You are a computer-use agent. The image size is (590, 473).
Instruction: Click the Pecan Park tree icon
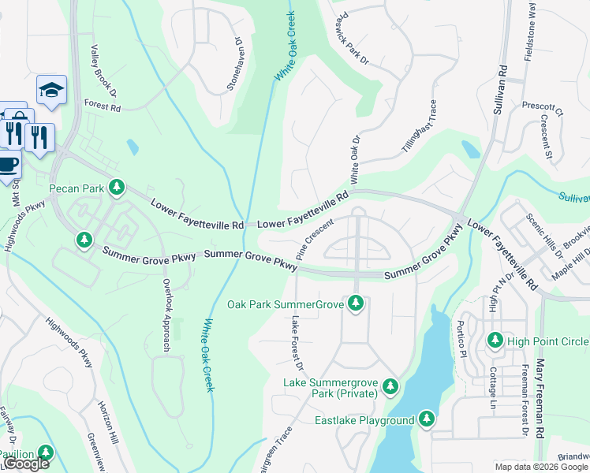117,187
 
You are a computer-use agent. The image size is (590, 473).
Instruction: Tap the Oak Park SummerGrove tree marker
356,304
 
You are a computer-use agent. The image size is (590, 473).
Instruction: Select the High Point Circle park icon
495,341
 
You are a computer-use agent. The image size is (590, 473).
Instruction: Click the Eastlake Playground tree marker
427,419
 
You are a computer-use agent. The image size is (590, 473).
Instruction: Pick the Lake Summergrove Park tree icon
390,386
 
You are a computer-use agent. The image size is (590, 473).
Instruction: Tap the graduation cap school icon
51,90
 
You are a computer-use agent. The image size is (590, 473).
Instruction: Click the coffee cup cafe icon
8,166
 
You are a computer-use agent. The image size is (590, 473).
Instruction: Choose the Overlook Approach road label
166,315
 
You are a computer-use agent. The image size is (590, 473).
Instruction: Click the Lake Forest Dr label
297,344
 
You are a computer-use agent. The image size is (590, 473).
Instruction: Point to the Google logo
25,464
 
